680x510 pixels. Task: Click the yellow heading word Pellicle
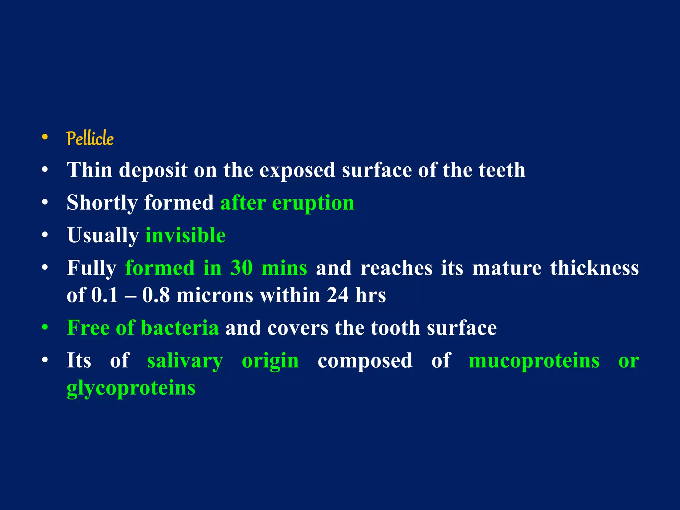pyautogui.click(x=90, y=138)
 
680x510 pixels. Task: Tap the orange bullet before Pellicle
pyautogui.click(x=45, y=137)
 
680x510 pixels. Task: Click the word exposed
pyautogui.click(x=297, y=171)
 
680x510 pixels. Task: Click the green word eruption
pyautogui.click(x=313, y=203)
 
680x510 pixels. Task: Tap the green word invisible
pyautogui.click(x=186, y=235)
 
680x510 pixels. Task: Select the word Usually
pyautogui.click(x=103, y=236)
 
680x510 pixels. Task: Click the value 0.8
pyautogui.click(x=156, y=295)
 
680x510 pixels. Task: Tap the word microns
pyautogui.click(x=215, y=295)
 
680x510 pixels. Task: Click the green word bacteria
pyautogui.click(x=180, y=328)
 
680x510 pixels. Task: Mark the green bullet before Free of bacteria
pyautogui.click(x=45, y=327)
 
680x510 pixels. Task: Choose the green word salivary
pyautogui.click(x=185, y=361)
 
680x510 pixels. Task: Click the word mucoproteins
pyautogui.click(x=534, y=361)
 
